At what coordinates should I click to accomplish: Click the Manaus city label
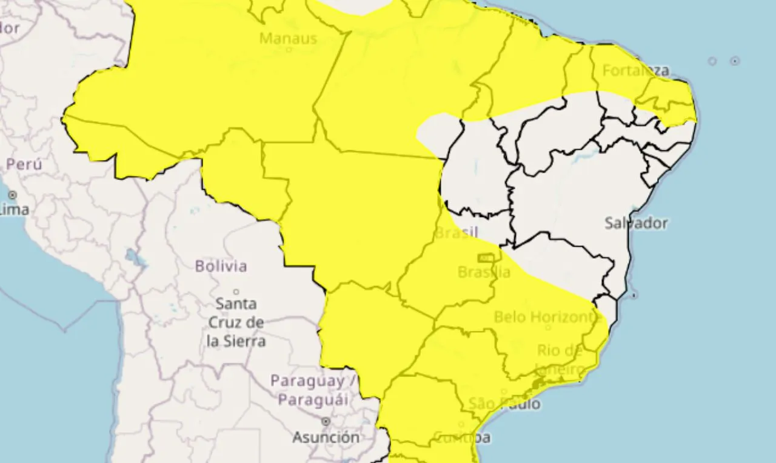[288, 38]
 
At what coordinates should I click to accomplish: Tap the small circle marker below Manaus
[289, 50]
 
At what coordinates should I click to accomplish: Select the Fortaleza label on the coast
[636, 70]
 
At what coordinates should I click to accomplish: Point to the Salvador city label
[636, 223]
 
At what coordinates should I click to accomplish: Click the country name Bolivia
[221, 266]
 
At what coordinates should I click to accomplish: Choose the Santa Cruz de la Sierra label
[236, 322]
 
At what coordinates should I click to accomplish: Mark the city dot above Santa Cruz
[236, 291]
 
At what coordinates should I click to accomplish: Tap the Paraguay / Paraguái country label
[315, 390]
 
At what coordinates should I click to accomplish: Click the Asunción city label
[326, 437]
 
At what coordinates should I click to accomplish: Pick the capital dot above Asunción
[326, 421]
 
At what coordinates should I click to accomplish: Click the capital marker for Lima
[13, 195]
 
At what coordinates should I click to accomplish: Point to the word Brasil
[457, 232]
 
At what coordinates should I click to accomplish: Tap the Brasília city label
[484, 272]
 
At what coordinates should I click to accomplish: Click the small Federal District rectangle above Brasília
[486, 258]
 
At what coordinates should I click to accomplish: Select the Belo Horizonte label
[547, 317]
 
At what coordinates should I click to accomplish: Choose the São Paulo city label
[504, 404]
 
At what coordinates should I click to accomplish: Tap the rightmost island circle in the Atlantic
[735, 61]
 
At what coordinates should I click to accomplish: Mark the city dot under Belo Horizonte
[548, 328]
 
